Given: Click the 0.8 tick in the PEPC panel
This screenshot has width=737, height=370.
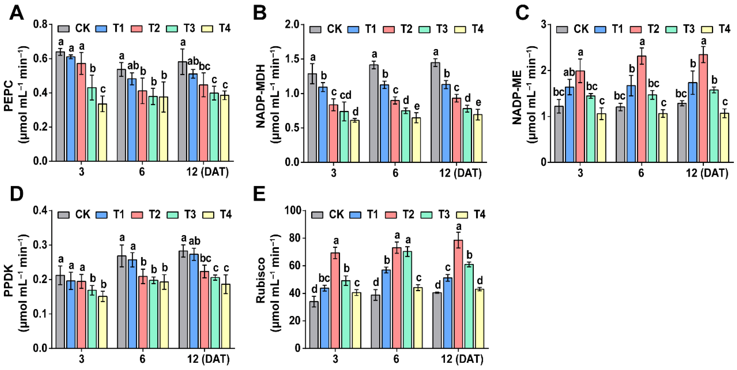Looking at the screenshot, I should (x=40, y=24).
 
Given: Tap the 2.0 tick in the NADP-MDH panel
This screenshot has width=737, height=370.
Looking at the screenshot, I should (x=294, y=25).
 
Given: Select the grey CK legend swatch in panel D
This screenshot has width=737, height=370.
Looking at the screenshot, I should (x=63, y=215).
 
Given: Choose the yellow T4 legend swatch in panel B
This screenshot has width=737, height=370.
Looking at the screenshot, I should (x=460, y=29).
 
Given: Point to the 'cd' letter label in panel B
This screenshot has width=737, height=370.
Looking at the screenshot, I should (x=345, y=95).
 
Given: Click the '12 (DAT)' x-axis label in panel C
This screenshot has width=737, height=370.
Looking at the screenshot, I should (x=707, y=173).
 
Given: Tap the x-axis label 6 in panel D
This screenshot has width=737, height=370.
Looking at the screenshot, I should (x=142, y=359).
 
